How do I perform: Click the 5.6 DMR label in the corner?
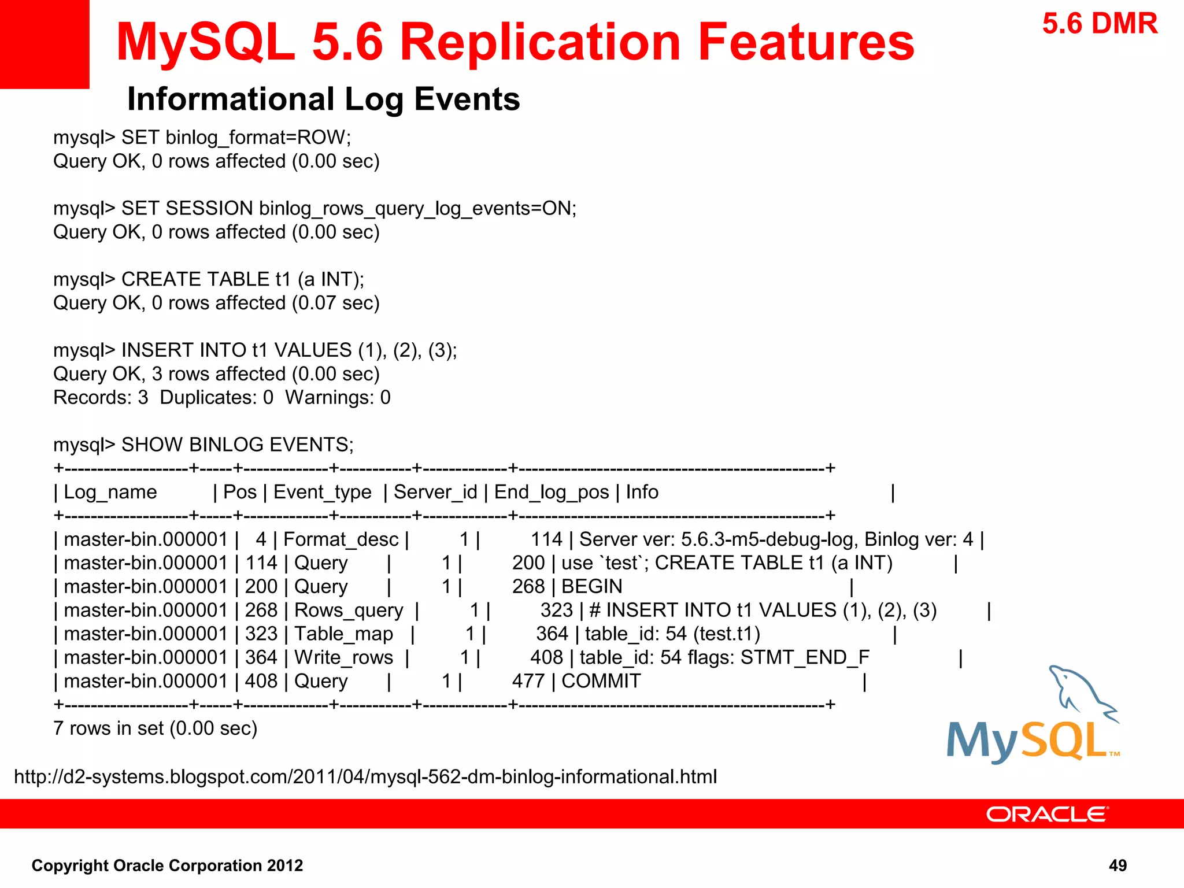(1100, 24)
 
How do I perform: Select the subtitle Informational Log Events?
(323, 99)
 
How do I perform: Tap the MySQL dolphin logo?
(1033, 717)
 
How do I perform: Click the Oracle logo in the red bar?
(1046, 814)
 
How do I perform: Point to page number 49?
(1118, 865)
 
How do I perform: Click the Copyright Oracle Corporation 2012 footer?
(167, 865)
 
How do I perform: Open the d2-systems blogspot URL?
(365, 776)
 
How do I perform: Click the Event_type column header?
(322, 492)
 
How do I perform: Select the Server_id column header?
(435, 492)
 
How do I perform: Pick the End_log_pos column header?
(551, 492)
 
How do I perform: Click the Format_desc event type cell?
(341, 539)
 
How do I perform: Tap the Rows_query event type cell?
(349, 610)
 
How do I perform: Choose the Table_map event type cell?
(343, 634)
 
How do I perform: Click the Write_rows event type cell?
(343, 658)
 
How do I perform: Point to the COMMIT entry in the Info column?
(601, 681)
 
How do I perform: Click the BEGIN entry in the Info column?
(591, 587)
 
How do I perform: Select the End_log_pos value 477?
(528, 681)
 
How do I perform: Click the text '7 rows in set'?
(155, 728)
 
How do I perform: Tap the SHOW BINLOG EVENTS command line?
(203, 445)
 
